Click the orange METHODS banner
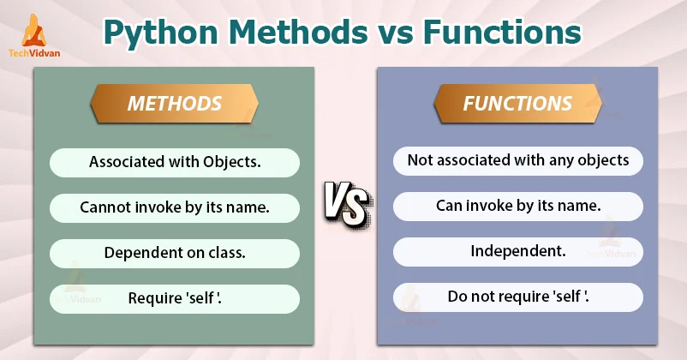[174, 104]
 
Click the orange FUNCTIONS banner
[517, 104]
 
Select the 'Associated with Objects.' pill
[174, 161]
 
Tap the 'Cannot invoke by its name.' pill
[174, 207]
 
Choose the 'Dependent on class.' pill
[174, 253]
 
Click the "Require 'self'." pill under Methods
[174, 298]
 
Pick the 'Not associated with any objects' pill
[517, 160]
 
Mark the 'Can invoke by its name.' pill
[517, 206]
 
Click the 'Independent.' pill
[517, 252]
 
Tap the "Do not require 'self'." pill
[517, 297]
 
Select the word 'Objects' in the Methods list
[230, 161]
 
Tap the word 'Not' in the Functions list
[419, 160]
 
